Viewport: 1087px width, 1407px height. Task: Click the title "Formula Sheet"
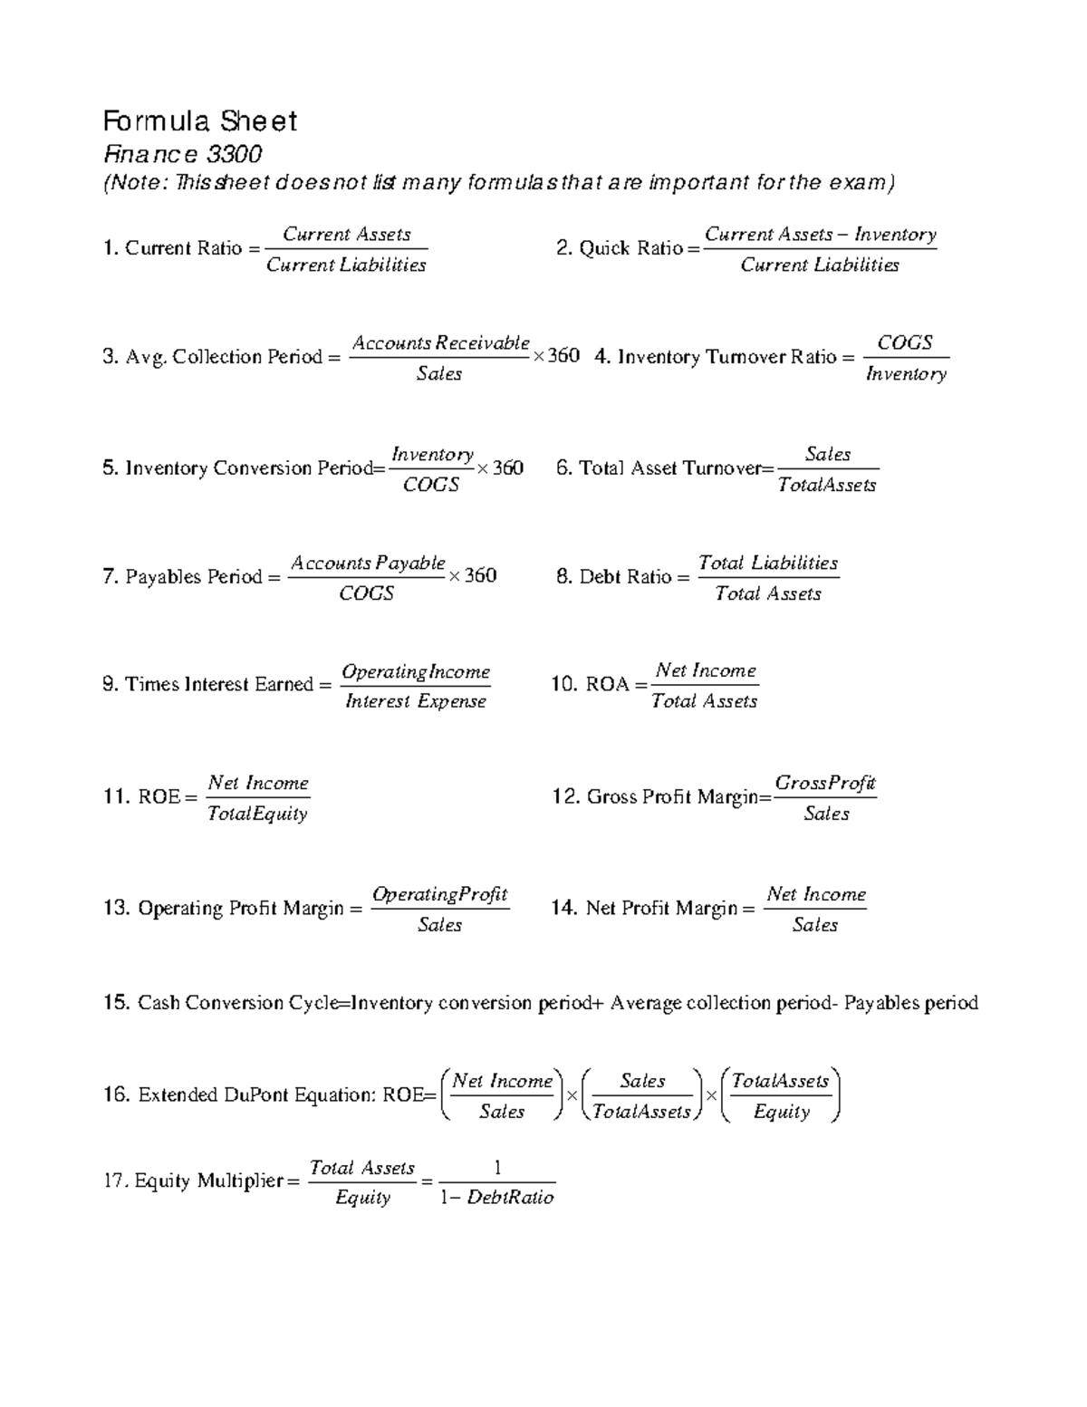(x=199, y=120)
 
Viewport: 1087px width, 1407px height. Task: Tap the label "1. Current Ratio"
(x=172, y=248)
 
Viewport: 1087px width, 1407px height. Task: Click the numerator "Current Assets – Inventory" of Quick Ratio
(x=820, y=234)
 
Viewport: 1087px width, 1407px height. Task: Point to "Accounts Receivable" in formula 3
(x=440, y=342)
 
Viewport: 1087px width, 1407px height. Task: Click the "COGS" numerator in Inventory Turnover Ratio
(x=905, y=342)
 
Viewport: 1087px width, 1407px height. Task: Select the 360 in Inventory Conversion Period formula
(x=507, y=467)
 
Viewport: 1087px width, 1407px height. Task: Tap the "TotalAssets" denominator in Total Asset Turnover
(x=827, y=485)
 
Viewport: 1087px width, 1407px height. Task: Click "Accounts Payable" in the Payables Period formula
(x=367, y=563)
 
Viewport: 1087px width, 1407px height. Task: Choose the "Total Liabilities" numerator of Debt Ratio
(x=768, y=563)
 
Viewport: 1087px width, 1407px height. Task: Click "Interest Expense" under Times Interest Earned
(x=416, y=701)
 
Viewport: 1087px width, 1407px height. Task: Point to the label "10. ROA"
(x=590, y=684)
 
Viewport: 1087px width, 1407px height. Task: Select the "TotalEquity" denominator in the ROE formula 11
(x=258, y=814)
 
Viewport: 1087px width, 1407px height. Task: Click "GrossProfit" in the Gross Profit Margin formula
(x=825, y=783)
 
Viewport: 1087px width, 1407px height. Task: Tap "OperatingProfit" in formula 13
(x=440, y=894)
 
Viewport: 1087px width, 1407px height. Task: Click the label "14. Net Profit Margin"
(x=644, y=908)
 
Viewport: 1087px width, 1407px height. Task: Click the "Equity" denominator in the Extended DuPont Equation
(x=781, y=1112)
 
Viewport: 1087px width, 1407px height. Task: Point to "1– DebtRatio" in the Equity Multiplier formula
(x=496, y=1197)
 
